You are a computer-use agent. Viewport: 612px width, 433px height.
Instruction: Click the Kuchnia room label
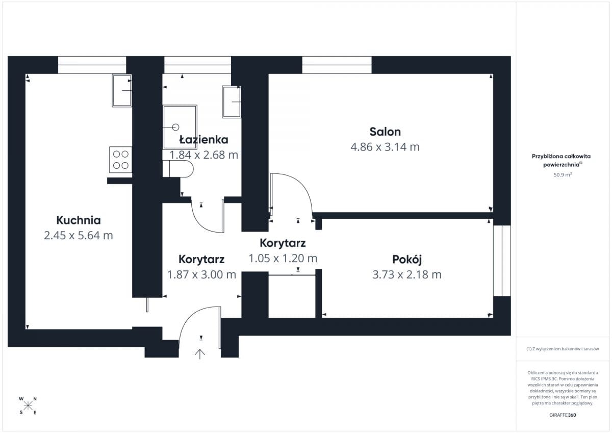pyautogui.click(x=79, y=220)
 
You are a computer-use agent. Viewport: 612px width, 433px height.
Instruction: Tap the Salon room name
pyautogui.click(x=385, y=132)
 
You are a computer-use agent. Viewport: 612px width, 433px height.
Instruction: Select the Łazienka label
pyautogui.click(x=203, y=140)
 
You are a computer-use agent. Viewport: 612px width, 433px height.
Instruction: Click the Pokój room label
pyautogui.click(x=407, y=260)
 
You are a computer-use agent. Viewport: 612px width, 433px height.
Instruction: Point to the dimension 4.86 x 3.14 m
pyautogui.click(x=385, y=147)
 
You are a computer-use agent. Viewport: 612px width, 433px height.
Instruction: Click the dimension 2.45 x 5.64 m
pyautogui.click(x=79, y=236)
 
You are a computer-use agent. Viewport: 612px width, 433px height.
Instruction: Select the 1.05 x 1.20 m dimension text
pyautogui.click(x=283, y=258)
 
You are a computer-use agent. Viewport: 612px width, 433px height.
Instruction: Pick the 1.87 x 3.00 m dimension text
pyautogui.click(x=201, y=274)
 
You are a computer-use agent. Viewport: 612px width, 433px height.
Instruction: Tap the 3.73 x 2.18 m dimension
pyautogui.click(x=407, y=274)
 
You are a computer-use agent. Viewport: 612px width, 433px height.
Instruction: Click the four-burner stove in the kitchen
pyautogui.click(x=120, y=160)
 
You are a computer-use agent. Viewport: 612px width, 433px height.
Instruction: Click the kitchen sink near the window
pyautogui.click(x=122, y=90)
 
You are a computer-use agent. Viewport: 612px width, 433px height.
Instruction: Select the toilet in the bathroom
pyautogui.click(x=178, y=169)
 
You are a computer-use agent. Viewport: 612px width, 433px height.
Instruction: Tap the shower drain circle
pyautogui.click(x=175, y=127)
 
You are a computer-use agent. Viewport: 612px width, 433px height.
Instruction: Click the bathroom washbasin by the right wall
pyautogui.click(x=232, y=102)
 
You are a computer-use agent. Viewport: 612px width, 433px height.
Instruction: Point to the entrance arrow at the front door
pyautogui.click(x=200, y=354)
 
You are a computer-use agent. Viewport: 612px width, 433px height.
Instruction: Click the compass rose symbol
pyautogui.click(x=28, y=405)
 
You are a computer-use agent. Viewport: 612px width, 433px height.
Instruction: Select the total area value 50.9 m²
pyautogui.click(x=563, y=174)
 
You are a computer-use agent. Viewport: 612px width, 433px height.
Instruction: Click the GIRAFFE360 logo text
pyautogui.click(x=563, y=415)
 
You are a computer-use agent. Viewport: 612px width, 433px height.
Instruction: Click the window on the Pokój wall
pyautogui.click(x=502, y=261)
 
